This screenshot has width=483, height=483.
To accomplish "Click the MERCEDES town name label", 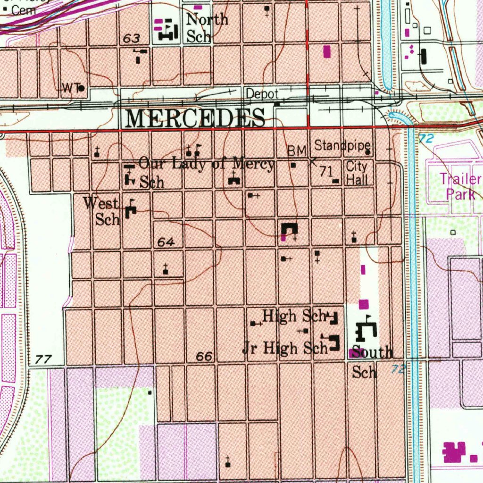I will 195,117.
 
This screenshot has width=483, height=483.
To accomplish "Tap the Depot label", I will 262,94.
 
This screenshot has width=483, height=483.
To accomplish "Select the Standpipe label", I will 342,145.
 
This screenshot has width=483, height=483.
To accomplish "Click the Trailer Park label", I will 460,186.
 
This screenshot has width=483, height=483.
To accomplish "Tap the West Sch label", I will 102,211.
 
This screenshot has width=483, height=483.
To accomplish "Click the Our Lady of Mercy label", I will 207,165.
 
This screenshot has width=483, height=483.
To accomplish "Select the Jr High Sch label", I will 284,348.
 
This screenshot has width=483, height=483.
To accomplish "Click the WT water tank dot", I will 82,88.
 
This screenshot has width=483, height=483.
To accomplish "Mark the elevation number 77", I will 43,360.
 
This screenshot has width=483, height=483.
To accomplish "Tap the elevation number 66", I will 204,357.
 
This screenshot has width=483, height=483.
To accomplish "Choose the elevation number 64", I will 166,242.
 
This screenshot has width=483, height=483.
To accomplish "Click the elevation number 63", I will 131,39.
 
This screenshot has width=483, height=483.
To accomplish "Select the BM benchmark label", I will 297,151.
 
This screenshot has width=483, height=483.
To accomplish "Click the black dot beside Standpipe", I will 367,152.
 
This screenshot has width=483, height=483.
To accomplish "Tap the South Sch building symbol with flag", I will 366,329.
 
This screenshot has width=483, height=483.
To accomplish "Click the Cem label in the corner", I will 23,10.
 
